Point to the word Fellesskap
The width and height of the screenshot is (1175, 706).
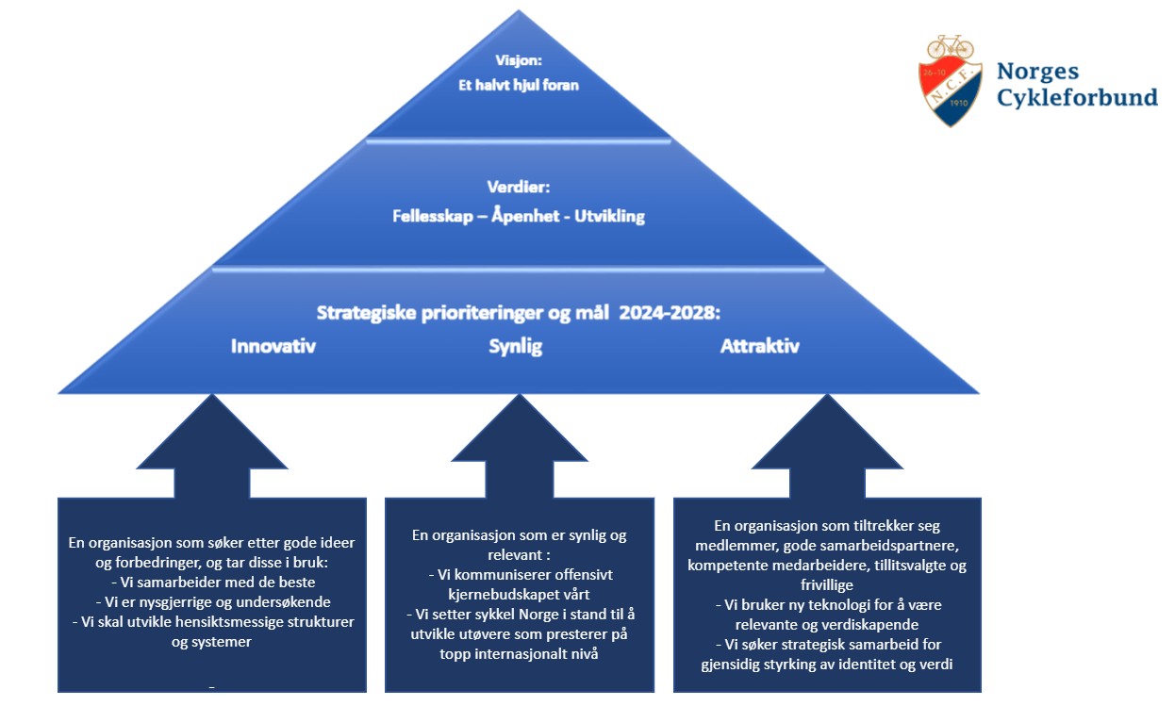(x=432, y=216)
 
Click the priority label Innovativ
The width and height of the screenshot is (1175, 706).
(x=273, y=346)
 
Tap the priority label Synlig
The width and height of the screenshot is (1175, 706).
(x=516, y=346)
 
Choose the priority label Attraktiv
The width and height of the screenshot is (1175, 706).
(x=760, y=346)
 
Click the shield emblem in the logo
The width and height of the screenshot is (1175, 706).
(x=951, y=90)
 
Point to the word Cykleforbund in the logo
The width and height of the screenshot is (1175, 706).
(x=1077, y=96)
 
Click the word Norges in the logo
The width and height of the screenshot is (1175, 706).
(x=1037, y=72)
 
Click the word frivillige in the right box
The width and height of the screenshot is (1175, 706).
(x=827, y=584)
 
